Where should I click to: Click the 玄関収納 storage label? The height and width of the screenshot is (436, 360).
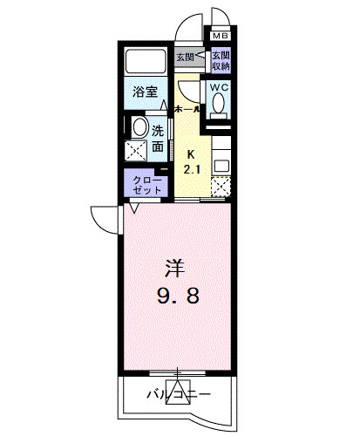click(x=220, y=60)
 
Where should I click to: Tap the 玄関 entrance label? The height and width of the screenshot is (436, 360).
click(x=185, y=59)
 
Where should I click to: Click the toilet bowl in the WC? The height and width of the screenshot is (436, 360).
click(x=219, y=106)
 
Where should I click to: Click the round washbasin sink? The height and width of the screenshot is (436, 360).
click(x=138, y=129)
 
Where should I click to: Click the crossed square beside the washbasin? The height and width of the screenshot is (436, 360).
click(x=138, y=152)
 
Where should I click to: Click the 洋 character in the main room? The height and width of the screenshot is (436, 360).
click(x=175, y=265)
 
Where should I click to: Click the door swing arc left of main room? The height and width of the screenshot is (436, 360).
click(x=104, y=218)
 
